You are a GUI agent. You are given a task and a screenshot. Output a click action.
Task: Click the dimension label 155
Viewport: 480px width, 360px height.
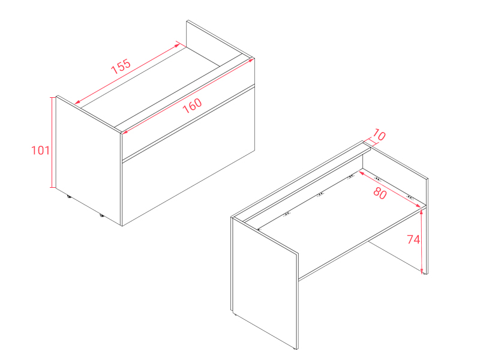point(121,66)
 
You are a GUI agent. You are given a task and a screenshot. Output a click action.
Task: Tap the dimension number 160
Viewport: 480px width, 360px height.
point(192,106)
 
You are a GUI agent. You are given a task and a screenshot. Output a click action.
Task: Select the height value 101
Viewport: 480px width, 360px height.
point(40,151)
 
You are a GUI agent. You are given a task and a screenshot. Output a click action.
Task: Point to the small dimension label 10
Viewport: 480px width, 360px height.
point(379,135)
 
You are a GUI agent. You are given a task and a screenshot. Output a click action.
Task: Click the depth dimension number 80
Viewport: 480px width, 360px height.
point(380,193)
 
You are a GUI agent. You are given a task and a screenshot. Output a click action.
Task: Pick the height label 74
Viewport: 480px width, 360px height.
point(413,239)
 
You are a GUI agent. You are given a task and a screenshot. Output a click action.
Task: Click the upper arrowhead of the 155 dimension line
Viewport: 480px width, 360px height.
point(177,46)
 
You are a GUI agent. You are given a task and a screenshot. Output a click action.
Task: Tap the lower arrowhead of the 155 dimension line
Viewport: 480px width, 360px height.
point(77,102)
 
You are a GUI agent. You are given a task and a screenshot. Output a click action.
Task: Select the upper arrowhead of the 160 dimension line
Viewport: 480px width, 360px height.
point(251,60)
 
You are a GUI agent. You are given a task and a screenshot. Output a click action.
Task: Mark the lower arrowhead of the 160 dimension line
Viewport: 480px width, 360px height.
point(125,132)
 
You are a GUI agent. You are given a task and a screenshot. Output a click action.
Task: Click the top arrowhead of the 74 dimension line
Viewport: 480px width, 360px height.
point(422,212)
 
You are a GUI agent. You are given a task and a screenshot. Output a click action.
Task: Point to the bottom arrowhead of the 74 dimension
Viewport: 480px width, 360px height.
point(422,271)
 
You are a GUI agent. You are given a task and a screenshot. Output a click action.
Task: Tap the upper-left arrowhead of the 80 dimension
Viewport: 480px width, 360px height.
point(362,173)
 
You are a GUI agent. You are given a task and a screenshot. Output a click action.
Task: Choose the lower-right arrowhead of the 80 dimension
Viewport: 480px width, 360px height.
point(418,206)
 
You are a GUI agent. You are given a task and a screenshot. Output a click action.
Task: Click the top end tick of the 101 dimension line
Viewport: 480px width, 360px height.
point(53,97)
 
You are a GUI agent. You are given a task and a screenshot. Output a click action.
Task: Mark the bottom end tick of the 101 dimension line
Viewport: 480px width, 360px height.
point(53,187)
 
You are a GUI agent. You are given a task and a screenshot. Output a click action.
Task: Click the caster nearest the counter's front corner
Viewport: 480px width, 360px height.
point(101,215)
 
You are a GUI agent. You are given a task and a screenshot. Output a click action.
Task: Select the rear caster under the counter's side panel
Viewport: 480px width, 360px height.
point(69,197)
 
